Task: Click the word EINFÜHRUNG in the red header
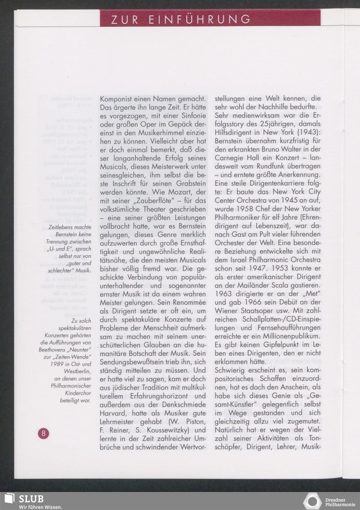[x=199, y=19]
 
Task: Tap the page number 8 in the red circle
[x=44, y=433]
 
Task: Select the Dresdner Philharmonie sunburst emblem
[x=312, y=501]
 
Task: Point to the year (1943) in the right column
[x=309, y=132]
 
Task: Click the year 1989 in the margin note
[x=57, y=364]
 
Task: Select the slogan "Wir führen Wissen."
[x=40, y=507]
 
